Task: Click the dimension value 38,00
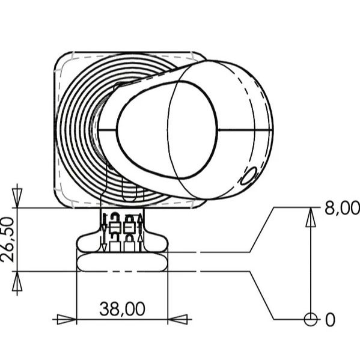click(x=122, y=309)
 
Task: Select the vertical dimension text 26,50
click(x=7, y=240)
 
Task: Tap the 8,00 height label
click(x=341, y=208)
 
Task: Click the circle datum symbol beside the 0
click(x=310, y=319)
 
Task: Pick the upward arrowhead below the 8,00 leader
click(x=310, y=219)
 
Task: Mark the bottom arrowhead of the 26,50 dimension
click(x=17, y=283)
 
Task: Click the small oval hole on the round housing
click(x=248, y=178)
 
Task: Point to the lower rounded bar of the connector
click(x=122, y=262)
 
